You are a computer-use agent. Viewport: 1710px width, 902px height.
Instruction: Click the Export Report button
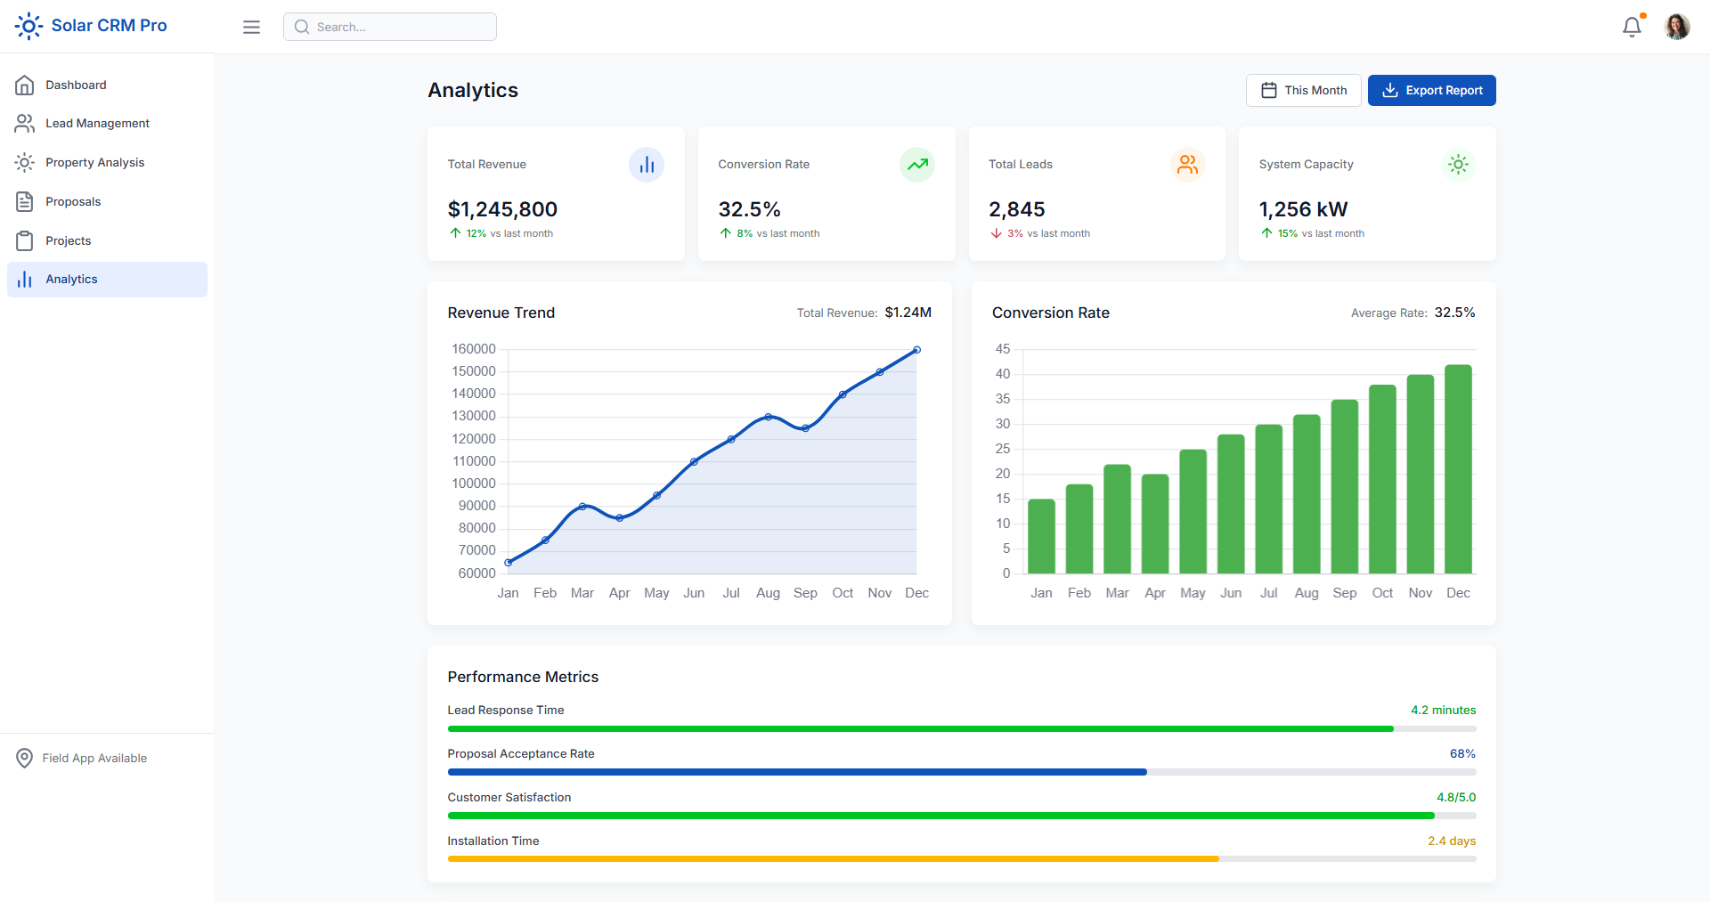1431,90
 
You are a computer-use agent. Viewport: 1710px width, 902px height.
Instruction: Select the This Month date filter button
1303,90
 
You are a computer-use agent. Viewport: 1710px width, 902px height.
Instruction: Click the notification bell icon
1632,27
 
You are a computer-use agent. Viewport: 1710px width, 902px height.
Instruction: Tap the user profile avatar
1677,27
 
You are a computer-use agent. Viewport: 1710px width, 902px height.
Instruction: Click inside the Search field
390,27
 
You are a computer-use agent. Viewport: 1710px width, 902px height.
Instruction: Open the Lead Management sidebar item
97,123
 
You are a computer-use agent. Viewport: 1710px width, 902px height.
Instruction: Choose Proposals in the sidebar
73,201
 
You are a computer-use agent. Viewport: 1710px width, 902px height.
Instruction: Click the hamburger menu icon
252,27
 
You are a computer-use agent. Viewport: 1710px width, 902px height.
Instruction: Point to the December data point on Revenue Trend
916,350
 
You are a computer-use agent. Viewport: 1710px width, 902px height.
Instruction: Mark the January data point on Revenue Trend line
509,562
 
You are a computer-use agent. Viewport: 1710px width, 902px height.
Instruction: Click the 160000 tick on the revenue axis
474,349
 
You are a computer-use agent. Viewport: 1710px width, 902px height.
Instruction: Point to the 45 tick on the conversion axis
1003,349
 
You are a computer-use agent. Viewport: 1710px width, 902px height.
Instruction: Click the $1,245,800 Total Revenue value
502,209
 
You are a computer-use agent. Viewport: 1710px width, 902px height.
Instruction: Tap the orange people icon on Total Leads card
1187,165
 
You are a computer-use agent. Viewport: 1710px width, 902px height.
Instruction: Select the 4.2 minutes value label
1443,710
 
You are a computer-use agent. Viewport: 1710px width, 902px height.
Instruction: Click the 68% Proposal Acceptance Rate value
1462,753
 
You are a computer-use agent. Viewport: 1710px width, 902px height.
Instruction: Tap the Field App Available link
94,758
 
